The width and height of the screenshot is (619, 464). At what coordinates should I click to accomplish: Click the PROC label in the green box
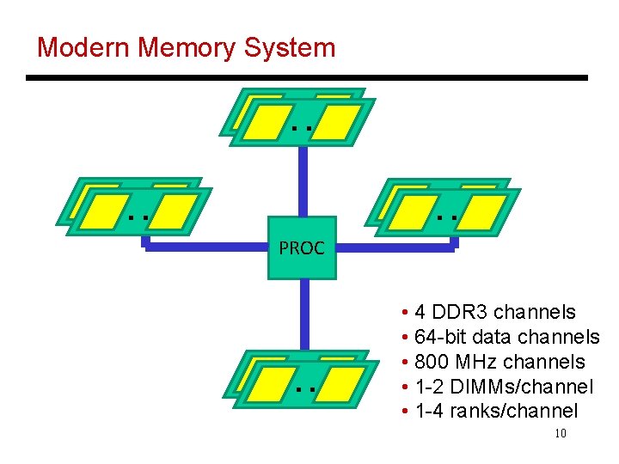point(302,249)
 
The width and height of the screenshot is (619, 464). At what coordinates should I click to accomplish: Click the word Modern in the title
point(83,47)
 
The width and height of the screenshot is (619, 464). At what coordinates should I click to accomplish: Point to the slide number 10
point(561,433)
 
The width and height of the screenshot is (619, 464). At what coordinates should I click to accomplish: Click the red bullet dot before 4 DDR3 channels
point(403,313)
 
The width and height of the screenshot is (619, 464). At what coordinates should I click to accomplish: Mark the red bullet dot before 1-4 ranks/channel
point(403,412)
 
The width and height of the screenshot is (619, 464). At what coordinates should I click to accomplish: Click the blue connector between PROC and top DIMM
point(303,180)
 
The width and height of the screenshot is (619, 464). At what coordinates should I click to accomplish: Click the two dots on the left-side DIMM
point(138,217)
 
